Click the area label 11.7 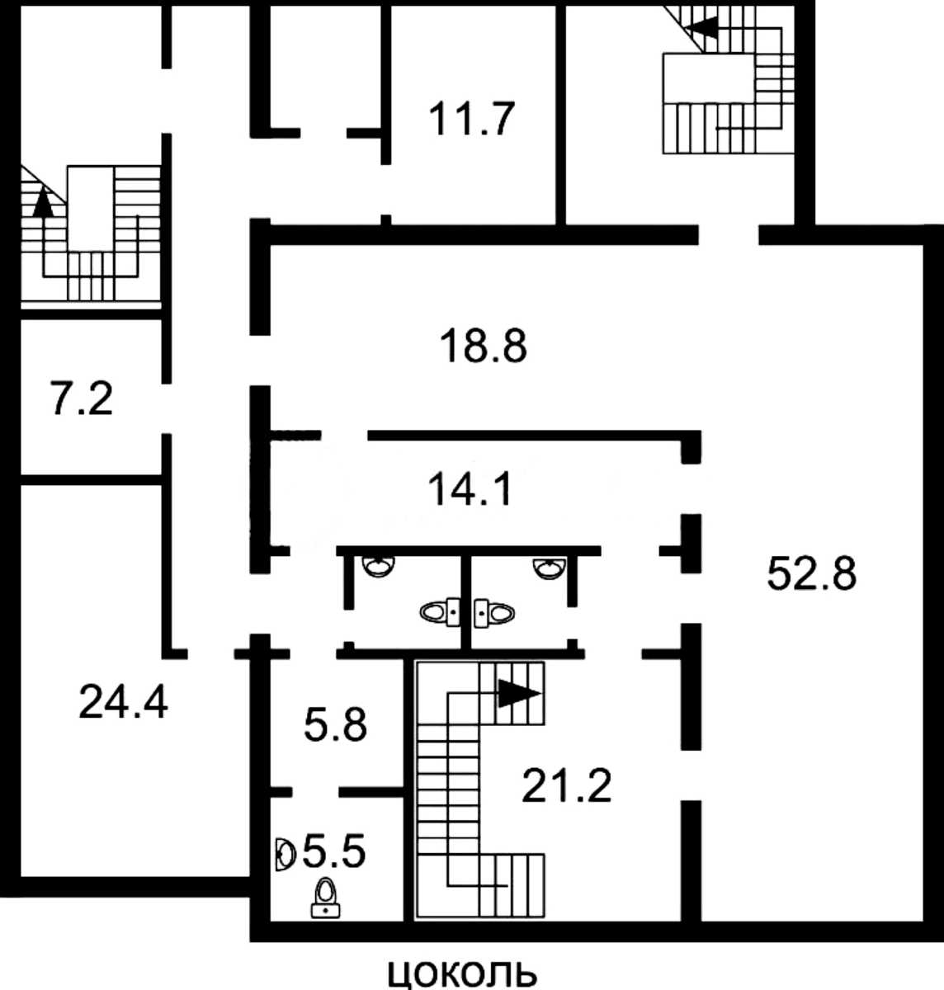(x=471, y=119)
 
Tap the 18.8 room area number (x=483, y=345)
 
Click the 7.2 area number (x=82, y=398)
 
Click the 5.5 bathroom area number (x=333, y=851)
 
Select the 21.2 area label (x=567, y=785)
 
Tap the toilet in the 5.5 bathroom (x=325, y=898)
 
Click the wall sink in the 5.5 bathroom (x=286, y=854)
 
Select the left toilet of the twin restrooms (x=440, y=612)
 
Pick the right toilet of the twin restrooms (x=494, y=613)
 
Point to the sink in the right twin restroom (x=550, y=569)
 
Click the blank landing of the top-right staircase (x=708, y=78)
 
